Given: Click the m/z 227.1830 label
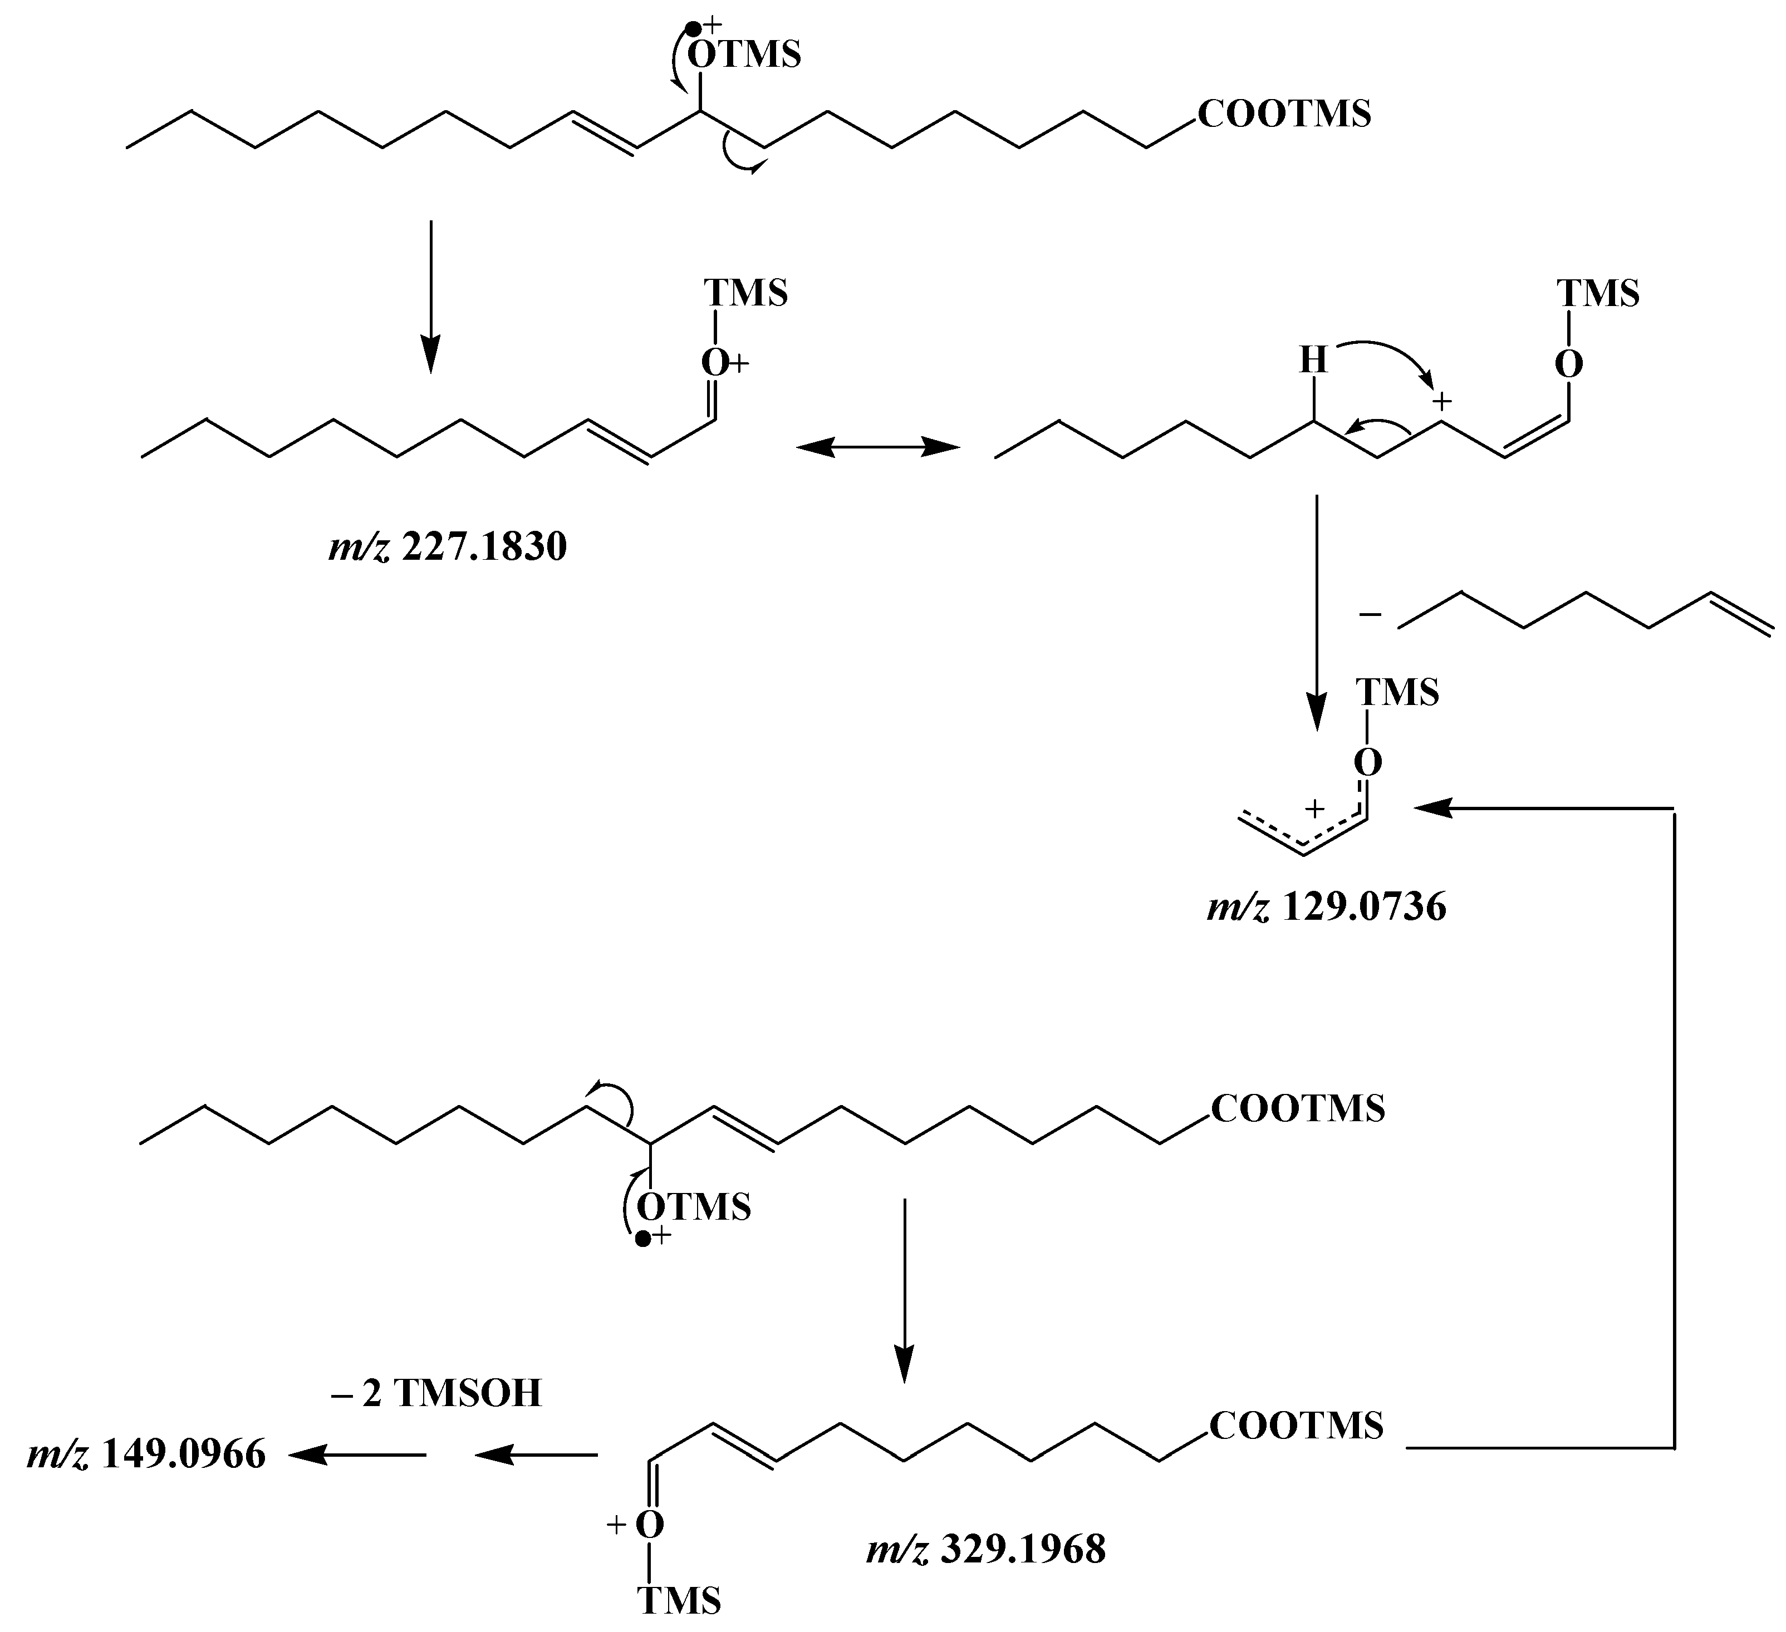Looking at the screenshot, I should click(x=448, y=548).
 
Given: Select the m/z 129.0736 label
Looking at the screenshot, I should click(x=1326, y=907).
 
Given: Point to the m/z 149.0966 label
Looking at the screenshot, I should click(x=146, y=1456).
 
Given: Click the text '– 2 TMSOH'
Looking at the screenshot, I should click(x=436, y=1393).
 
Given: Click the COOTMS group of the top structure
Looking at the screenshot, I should click(x=1284, y=114).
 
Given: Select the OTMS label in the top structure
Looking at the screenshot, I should click(x=744, y=55).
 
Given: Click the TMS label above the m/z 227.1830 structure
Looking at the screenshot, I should click(x=745, y=293).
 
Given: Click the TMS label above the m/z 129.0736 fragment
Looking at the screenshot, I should click(x=1397, y=692).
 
